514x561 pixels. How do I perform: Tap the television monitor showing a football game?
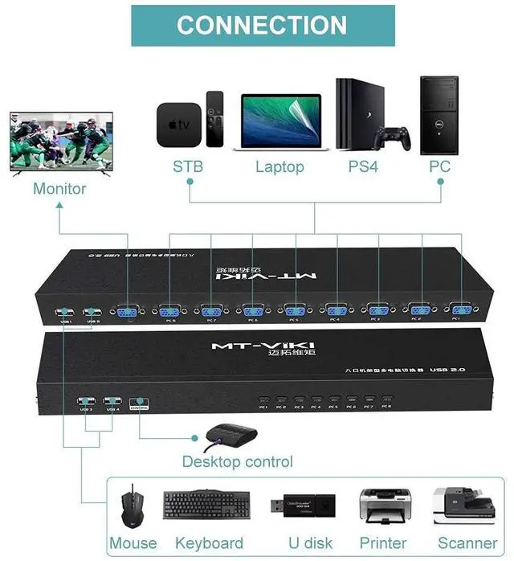[x=60, y=141]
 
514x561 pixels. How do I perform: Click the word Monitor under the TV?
[x=59, y=189]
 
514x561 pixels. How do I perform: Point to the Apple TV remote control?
[x=214, y=118]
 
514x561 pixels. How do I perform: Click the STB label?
[x=188, y=167]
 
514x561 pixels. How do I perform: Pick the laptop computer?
[x=279, y=122]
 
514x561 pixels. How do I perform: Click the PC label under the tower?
[x=439, y=167]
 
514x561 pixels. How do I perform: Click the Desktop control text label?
[x=237, y=461]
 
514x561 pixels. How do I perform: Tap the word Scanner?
[x=467, y=543]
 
